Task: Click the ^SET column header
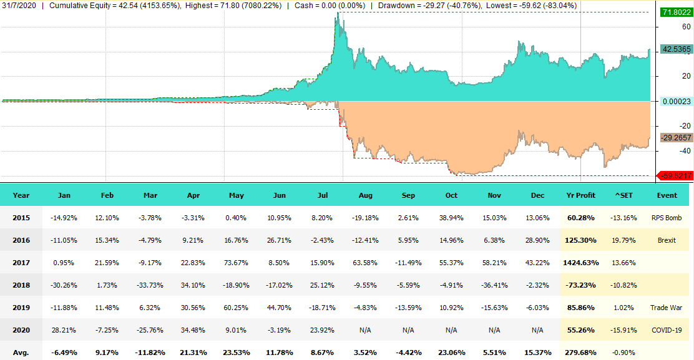click(x=624, y=195)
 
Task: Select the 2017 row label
click(x=21, y=263)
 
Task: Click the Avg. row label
click(x=21, y=353)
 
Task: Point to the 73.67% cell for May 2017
click(x=237, y=263)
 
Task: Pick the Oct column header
click(x=451, y=195)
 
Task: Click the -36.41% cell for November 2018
click(x=494, y=285)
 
